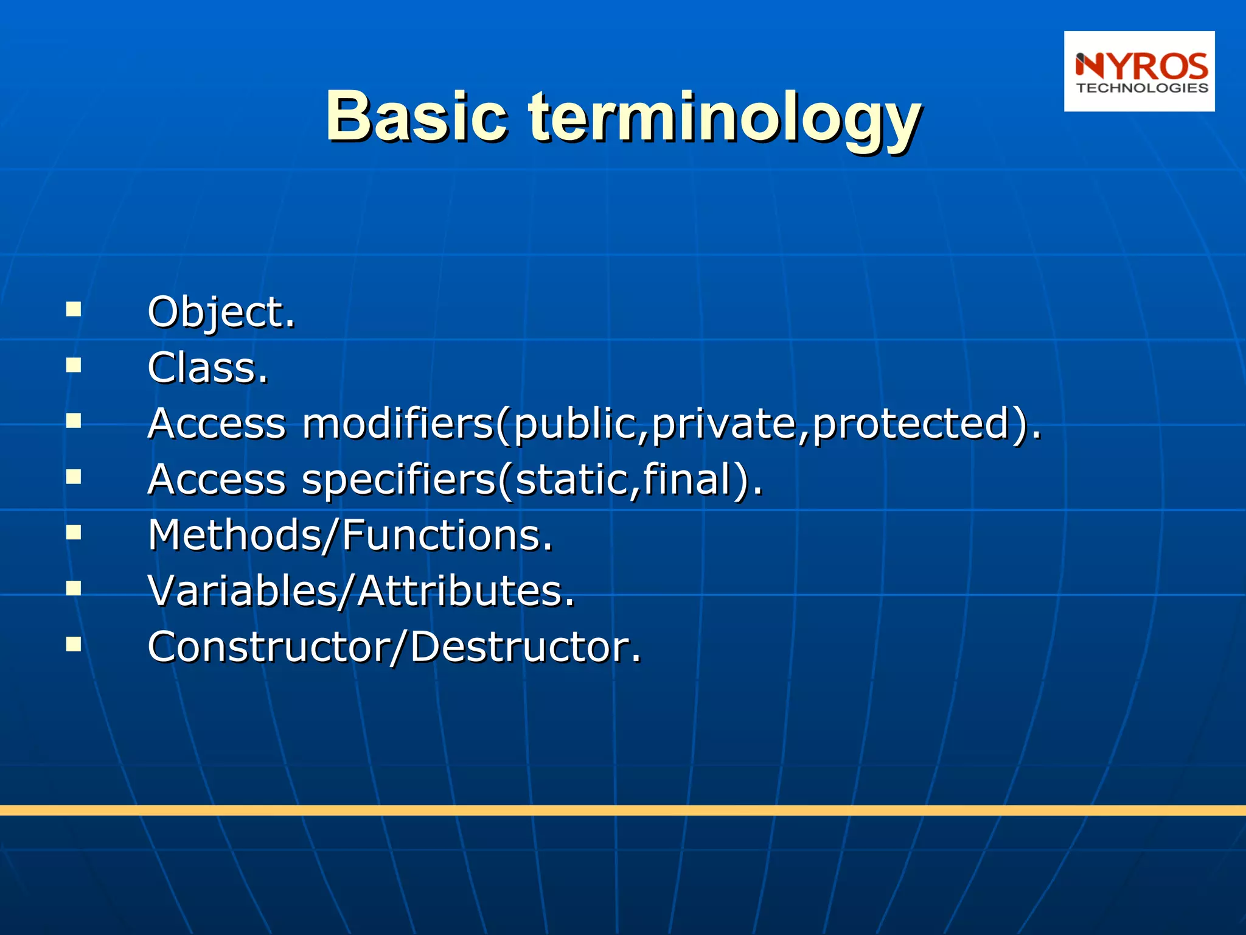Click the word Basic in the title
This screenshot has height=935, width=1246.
tap(416, 116)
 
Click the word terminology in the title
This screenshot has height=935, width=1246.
tap(724, 119)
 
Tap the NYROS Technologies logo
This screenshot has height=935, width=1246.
tap(1139, 71)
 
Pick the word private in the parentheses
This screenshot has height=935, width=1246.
tap(724, 425)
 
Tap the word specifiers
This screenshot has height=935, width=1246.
tap(399, 480)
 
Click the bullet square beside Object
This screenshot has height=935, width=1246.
tap(74, 309)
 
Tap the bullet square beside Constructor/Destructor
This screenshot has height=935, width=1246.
tap(74, 644)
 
